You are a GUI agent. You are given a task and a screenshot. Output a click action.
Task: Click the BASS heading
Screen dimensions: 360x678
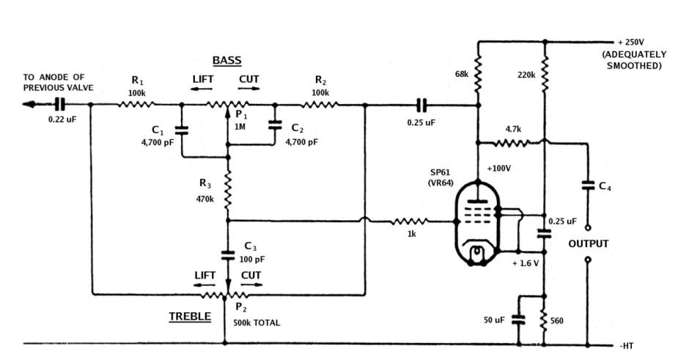point(226,60)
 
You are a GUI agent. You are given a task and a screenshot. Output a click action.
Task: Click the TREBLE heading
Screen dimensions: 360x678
point(190,317)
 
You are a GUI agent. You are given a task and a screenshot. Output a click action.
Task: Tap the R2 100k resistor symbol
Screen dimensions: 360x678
point(320,105)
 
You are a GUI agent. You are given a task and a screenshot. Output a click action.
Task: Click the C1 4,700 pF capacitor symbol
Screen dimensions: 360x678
point(182,130)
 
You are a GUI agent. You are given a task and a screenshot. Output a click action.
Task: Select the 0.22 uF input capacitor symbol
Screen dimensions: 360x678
point(61,105)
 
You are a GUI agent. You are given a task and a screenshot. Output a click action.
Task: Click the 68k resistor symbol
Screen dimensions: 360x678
point(477,73)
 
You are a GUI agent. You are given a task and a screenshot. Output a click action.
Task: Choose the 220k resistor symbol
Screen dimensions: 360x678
point(544,73)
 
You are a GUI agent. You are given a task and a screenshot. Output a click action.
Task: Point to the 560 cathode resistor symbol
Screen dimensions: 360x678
point(544,320)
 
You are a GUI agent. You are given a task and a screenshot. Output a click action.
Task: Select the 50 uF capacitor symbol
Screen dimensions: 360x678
point(518,320)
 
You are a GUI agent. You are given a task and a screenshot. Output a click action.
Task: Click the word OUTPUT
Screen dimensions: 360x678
point(588,243)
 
